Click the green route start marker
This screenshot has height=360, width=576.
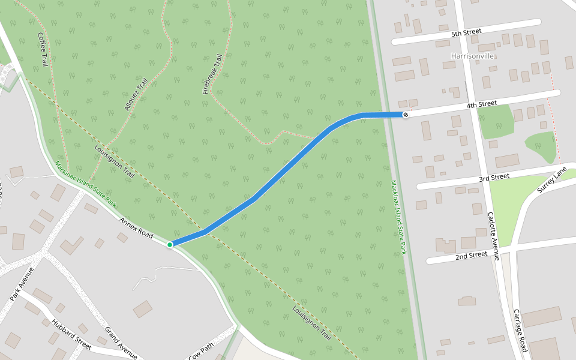pos(170,244)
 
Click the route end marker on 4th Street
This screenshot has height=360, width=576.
pos(406,115)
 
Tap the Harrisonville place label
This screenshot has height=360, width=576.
pos(472,56)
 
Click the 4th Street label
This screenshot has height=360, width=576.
pos(482,104)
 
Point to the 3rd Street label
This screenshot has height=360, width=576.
pos(494,178)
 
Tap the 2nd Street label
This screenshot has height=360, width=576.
pos(471,255)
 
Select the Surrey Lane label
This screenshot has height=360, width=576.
pos(551,179)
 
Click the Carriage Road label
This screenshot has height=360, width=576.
pos(520,330)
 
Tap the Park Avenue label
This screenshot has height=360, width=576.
pos(22,284)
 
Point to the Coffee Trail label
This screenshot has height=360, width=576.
pos(43,49)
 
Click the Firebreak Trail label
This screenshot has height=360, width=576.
pos(212,74)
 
